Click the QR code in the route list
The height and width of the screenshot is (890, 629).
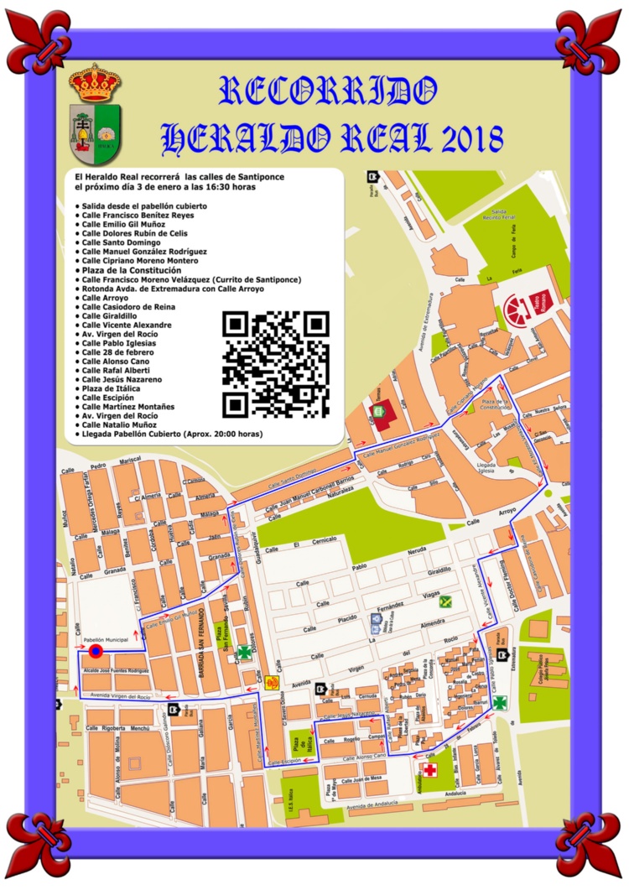pyautogui.click(x=276, y=364)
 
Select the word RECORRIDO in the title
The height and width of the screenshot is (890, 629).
pyautogui.click(x=327, y=91)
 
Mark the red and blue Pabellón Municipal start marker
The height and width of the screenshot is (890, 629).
pyautogui.click(x=95, y=651)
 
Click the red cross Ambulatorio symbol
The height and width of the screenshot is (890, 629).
pyautogui.click(x=429, y=770)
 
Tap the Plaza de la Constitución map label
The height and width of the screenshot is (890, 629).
pyautogui.click(x=495, y=405)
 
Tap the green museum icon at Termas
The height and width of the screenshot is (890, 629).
pyautogui.click(x=379, y=412)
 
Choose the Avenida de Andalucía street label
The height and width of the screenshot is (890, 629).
pyautogui.click(x=385, y=807)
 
